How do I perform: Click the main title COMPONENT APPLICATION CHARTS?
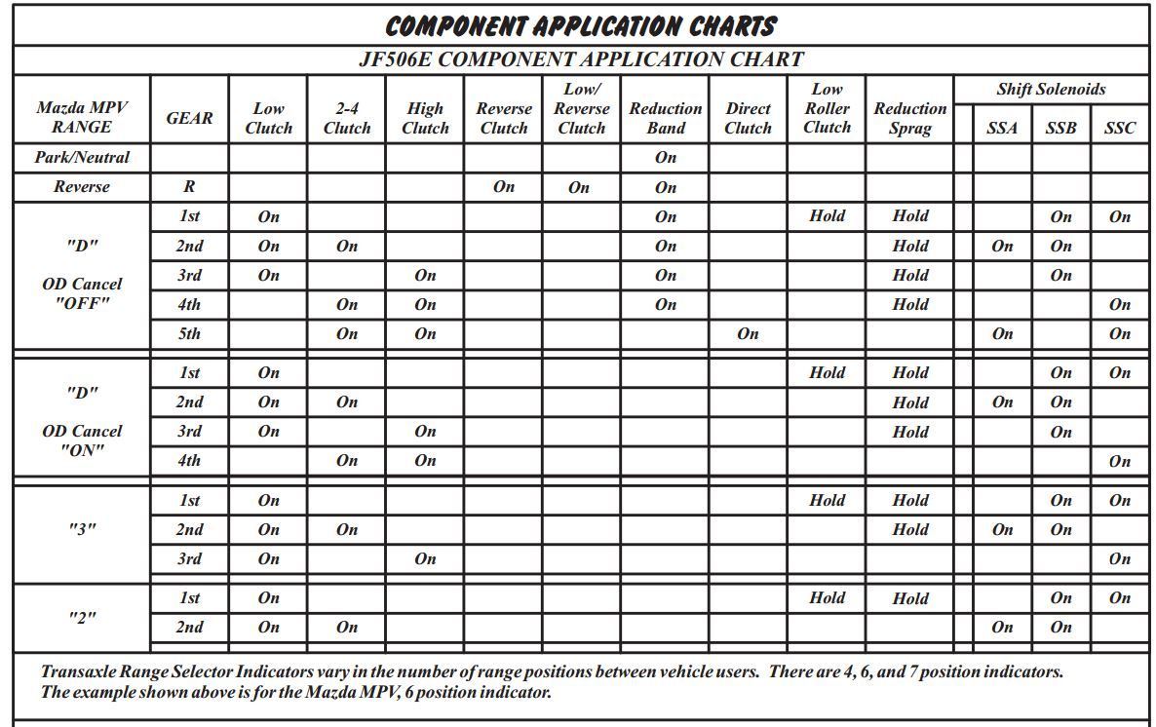tap(581, 26)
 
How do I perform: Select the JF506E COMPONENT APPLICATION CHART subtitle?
tap(581, 59)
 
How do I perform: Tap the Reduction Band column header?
tap(665, 118)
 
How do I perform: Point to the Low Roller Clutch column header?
tap(827, 108)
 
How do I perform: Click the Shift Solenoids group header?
tap(1051, 90)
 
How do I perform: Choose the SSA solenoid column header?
tap(1002, 128)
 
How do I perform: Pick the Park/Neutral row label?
tap(82, 157)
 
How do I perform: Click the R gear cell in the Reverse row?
tap(189, 187)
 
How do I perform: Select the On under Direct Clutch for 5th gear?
tap(748, 333)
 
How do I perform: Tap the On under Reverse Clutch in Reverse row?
tap(503, 187)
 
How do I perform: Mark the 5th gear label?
tap(189, 333)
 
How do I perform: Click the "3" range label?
tap(82, 529)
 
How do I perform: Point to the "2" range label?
tap(82, 617)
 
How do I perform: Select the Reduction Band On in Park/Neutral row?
tap(665, 157)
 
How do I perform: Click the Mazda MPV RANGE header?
tap(82, 118)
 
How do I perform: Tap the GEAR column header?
tap(189, 118)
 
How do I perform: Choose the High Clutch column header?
tap(425, 118)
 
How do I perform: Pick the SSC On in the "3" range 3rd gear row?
tap(1119, 559)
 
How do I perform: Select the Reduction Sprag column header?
tap(909, 118)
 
